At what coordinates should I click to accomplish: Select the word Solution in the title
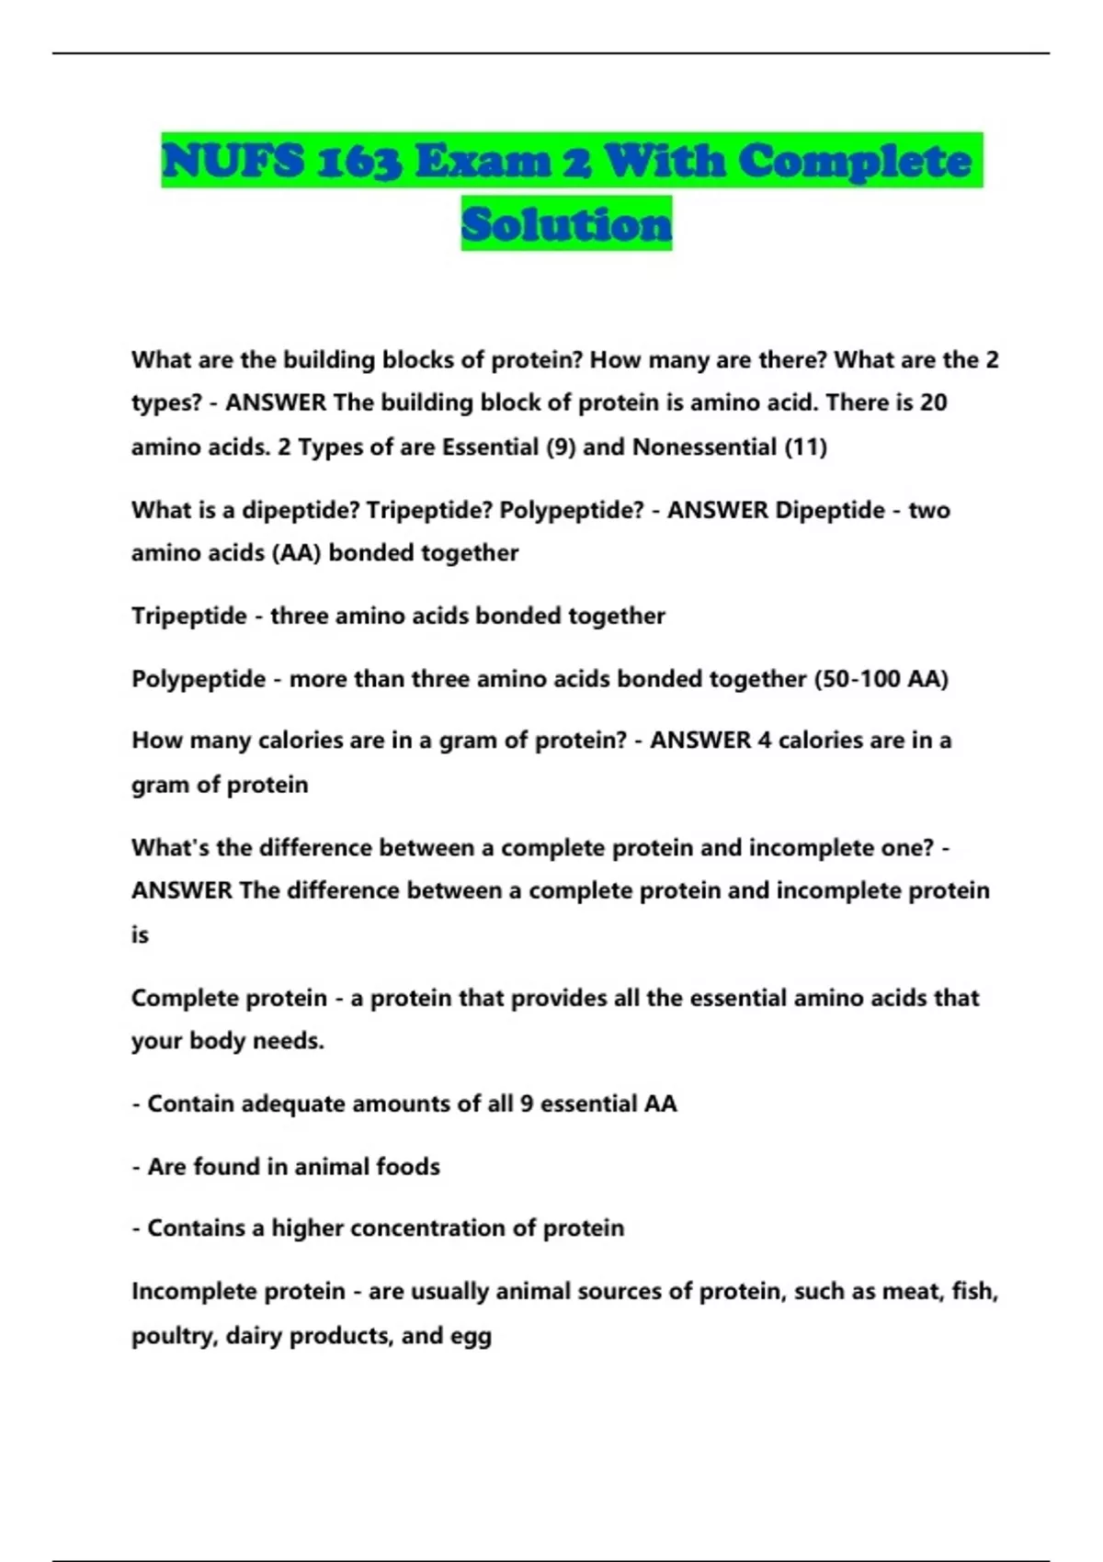point(566,224)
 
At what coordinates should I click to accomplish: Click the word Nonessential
point(704,447)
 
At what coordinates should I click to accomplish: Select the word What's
point(170,847)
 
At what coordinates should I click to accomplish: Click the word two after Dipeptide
point(929,510)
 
